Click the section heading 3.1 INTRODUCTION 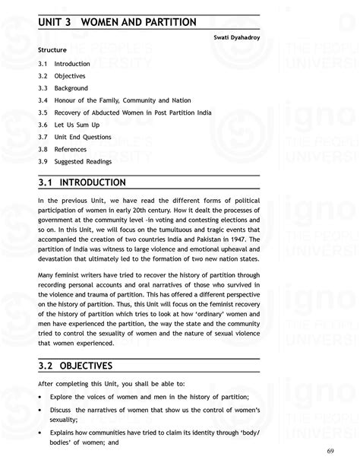coord(82,183)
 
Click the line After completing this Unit coord(106,382)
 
